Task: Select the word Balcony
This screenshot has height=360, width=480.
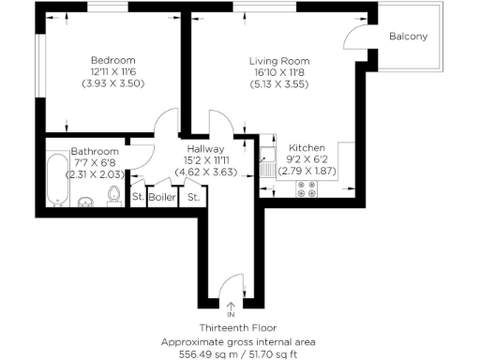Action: point(409,37)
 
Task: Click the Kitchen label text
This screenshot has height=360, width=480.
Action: point(307,148)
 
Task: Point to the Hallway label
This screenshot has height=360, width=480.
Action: point(205,148)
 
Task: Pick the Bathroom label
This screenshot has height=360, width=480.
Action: point(95,151)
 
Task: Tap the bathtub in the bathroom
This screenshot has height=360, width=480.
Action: point(54,184)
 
